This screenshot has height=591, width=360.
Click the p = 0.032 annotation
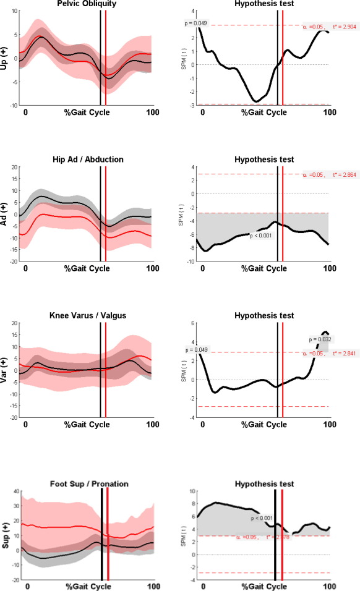[x=321, y=339]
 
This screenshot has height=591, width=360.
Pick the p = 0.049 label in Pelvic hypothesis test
[x=196, y=23]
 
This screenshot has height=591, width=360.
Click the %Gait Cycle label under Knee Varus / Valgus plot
[x=87, y=425]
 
